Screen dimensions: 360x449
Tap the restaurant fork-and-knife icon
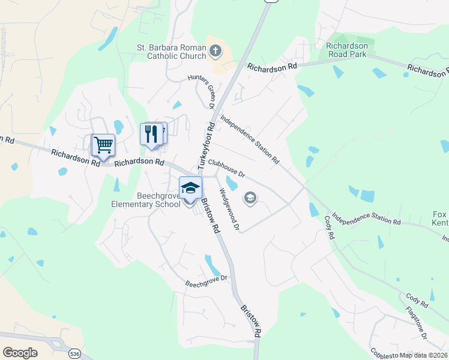pyautogui.click(x=151, y=133)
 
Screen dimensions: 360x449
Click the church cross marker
pyautogui.click(x=215, y=50)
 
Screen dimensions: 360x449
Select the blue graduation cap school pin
pyautogui.click(x=190, y=188)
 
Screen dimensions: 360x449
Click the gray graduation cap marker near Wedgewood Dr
pyautogui.click(x=250, y=197)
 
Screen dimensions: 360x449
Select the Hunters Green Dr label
pyautogui.click(x=202, y=92)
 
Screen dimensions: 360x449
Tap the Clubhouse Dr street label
pyautogui.click(x=227, y=167)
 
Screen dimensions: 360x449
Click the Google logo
pyautogui.click(x=20, y=352)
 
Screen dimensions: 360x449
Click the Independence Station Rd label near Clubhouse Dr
pyautogui.click(x=250, y=140)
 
